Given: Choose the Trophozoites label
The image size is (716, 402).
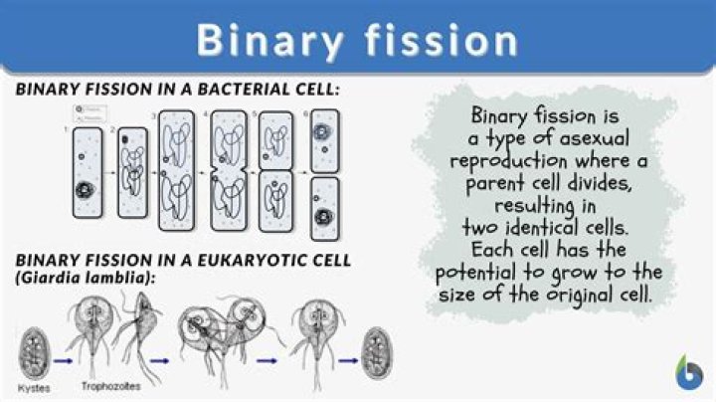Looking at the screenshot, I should [x=113, y=384].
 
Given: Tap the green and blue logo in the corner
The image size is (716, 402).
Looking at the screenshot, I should [x=687, y=372].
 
